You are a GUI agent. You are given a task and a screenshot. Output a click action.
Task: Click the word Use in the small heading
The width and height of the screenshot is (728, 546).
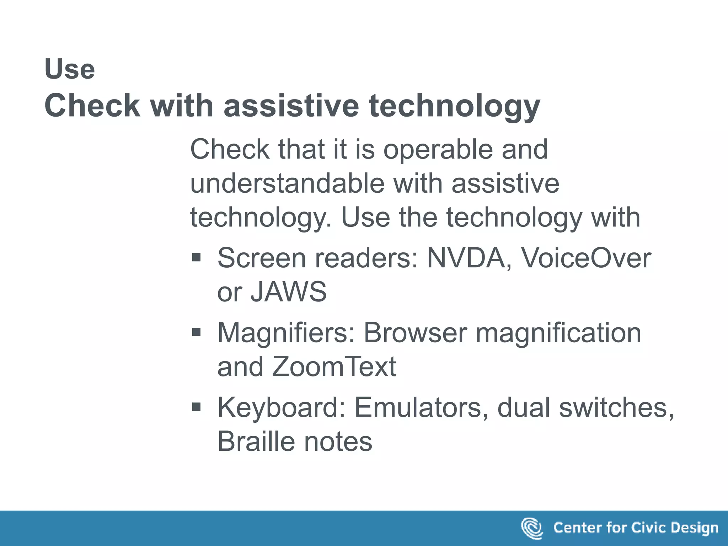pyautogui.click(x=70, y=69)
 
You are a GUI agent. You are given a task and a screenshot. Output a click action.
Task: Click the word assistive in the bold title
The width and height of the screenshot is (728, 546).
pyautogui.click(x=291, y=106)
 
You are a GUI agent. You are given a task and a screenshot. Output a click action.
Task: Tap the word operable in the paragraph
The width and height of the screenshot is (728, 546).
pyautogui.click(x=438, y=149)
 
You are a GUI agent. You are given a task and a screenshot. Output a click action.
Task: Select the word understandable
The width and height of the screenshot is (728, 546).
pyautogui.click(x=287, y=183)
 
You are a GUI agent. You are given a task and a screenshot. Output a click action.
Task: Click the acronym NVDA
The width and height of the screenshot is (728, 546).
pyautogui.click(x=466, y=258)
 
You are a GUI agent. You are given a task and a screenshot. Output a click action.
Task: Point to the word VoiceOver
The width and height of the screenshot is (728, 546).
pyautogui.click(x=586, y=258)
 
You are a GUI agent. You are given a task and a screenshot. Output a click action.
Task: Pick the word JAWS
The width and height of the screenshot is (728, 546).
pyautogui.click(x=289, y=291)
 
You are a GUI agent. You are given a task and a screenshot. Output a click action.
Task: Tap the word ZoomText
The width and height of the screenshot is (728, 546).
pyautogui.click(x=334, y=366)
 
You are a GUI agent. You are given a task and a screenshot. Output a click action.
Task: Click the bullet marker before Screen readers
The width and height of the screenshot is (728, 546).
pyautogui.click(x=196, y=257)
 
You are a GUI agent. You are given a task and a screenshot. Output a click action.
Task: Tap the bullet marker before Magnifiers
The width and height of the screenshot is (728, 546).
pyautogui.click(x=196, y=332)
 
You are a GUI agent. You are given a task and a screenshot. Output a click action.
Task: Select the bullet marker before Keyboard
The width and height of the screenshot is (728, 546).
pyautogui.click(x=196, y=407)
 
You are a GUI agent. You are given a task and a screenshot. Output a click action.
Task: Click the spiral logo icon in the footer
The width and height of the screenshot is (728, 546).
pyautogui.click(x=532, y=528)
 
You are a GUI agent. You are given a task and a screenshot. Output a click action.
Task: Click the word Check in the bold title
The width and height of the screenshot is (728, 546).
pyautogui.click(x=92, y=106)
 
